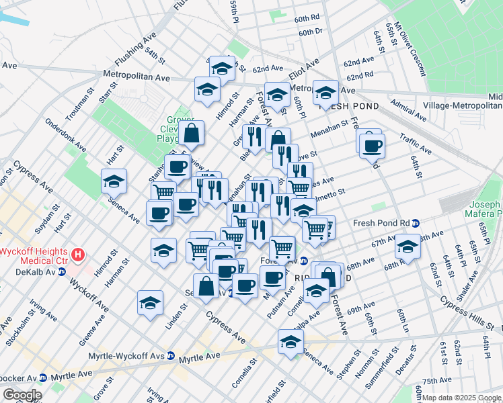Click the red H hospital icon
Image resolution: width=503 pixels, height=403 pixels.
[x=79, y=255]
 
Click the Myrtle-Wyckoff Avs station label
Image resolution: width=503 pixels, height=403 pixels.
[x=128, y=355]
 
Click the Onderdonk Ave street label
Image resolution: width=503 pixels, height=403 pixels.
[x=65, y=135]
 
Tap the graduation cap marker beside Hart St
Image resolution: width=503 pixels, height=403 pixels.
[x=114, y=181]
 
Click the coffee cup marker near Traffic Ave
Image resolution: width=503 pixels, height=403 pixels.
[x=371, y=146]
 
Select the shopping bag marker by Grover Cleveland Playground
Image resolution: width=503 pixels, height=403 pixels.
[x=191, y=133]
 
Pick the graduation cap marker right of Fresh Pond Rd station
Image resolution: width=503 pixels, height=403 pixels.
[x=408, y=246]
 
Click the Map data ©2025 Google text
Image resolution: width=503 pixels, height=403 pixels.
[x=462, y=398]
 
